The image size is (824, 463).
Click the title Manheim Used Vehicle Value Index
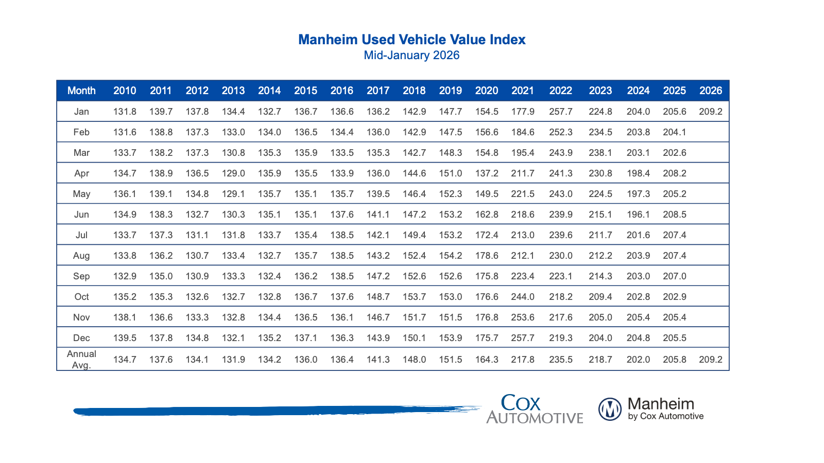(412, 40)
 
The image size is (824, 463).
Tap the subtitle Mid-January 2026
(411, 56)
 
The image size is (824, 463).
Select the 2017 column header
(378, 91)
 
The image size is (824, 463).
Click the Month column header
(81, 91)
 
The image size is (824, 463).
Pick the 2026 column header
(711, 91)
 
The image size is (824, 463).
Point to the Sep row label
(81, 276)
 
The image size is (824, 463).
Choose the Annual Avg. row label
(81, 360)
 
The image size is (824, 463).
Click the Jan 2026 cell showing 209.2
(711, 112)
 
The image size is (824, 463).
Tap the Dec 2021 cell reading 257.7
(523, 338)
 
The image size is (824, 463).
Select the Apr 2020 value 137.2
(487, 173)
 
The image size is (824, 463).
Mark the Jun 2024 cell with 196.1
(638, 215)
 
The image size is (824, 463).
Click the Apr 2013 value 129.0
(233, 173)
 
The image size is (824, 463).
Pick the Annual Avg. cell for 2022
(561, 360)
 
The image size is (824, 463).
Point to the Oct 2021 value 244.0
(523, 297)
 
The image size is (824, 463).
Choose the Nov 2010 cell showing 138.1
(125, 317)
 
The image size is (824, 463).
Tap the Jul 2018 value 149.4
(414, 235)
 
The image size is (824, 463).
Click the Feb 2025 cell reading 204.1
(675, 132)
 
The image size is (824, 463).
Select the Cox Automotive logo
(535, 409)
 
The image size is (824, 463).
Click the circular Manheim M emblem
(610, 409)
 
